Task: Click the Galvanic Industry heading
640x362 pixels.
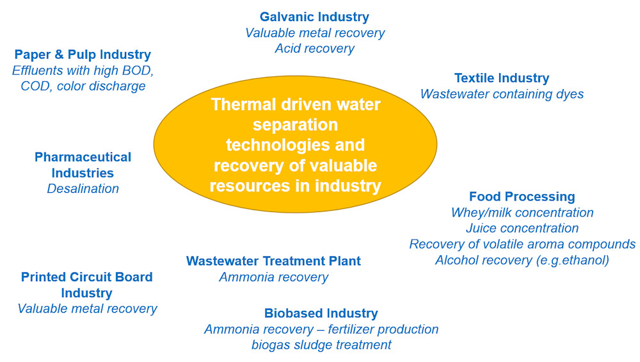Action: click(314, 17)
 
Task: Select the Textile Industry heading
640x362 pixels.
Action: click(501, 78)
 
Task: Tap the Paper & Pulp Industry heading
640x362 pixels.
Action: click(83, 54)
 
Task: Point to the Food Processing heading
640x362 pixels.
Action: click(522, 197)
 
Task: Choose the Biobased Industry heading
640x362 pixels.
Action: click(321, 313)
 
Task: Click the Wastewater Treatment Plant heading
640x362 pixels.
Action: click(273, 261)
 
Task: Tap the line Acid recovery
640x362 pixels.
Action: click(314, 49)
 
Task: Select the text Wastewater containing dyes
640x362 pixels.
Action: click(502, 94)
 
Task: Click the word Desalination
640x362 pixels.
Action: click(83, 189)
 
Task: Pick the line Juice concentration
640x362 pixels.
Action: click(522, 228)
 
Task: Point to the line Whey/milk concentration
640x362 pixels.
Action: click(522, 213)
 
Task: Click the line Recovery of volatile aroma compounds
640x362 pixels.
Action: click(522, 244)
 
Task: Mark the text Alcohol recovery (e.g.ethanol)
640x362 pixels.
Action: click(522, 260)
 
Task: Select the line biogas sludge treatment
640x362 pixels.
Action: click(321, 345)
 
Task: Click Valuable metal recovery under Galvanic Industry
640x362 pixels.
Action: click(315, 33)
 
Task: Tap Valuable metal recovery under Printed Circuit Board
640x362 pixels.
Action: click(87, 309)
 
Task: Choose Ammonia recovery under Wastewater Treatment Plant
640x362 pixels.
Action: click(273, 277)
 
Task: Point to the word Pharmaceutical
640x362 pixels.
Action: click(83, 157)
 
